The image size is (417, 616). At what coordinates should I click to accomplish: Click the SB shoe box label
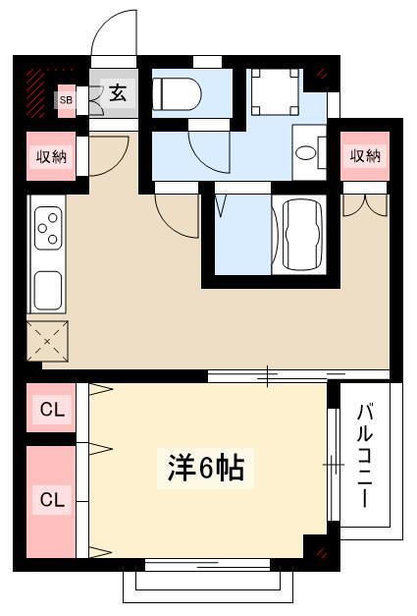pos(66,100)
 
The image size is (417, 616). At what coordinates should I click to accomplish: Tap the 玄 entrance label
pos(118,92)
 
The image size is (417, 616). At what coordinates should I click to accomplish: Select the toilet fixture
pos(177,94)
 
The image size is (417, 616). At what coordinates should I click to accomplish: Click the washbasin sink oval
pos(305,152)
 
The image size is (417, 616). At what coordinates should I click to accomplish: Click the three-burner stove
pos(48,228)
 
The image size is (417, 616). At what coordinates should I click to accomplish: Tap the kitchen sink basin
pos(48,291)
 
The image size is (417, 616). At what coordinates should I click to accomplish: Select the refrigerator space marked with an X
pos(47,341)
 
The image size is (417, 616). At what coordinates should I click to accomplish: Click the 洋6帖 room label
pos(206,468)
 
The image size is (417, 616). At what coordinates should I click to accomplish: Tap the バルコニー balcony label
pos(365,455)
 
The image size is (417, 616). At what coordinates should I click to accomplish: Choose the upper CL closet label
pos(52,410)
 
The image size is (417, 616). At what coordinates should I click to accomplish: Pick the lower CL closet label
pos(52,500)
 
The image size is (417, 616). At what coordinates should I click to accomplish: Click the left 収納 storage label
pos(51,157)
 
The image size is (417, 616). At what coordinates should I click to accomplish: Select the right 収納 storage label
pos(365,156)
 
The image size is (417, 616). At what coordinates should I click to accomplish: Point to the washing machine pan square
pos(275,92)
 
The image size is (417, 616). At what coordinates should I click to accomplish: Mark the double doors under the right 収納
pos(365,205)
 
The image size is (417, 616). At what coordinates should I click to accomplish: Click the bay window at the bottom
pos(208,587)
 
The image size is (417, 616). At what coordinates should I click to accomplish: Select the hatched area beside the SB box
pos(35,92)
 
